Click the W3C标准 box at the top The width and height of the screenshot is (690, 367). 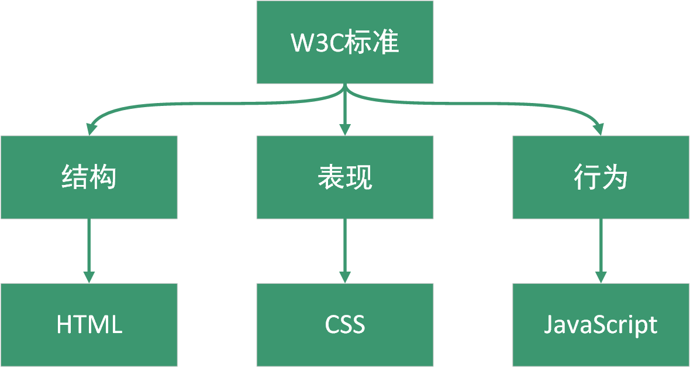click(345, 42)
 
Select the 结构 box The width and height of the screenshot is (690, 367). click(89, 177)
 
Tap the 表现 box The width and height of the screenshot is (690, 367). click(345, 177)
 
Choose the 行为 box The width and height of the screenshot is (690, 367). click(601, 177)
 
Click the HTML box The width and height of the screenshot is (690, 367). click(89, 325)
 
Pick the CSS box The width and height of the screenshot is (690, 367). click(345, 325)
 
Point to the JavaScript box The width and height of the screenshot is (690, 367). click(601, 325)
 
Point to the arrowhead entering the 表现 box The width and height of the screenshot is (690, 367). click(345, 129)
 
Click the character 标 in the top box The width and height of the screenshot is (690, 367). click(359, 43)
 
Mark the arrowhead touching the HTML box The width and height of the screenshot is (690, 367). click(89, 277)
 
